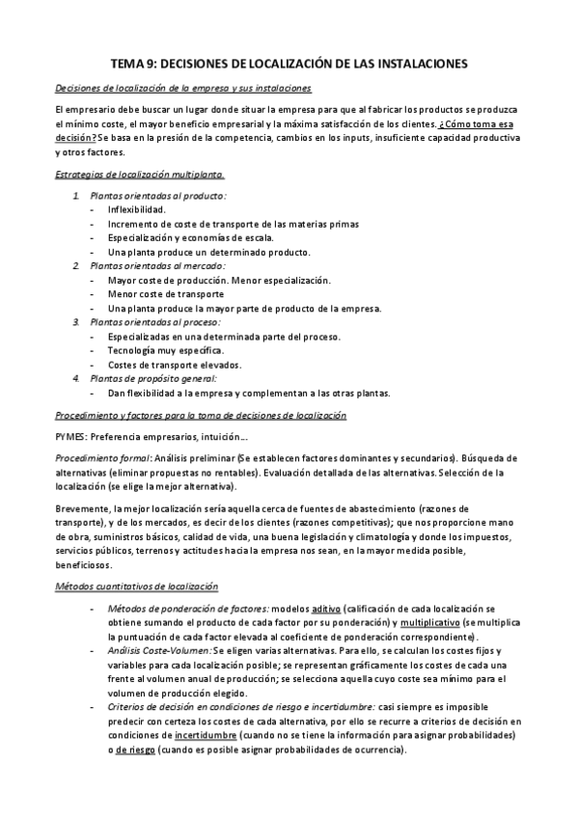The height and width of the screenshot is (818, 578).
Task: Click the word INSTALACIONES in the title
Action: click(420, 63)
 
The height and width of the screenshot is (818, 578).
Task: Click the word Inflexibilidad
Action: click(137, 209)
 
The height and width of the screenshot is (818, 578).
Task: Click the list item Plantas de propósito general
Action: click(159, 378)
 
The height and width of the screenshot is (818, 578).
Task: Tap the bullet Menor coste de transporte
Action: click(166, 294)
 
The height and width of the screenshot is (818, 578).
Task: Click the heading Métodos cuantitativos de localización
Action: click(136, 586)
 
